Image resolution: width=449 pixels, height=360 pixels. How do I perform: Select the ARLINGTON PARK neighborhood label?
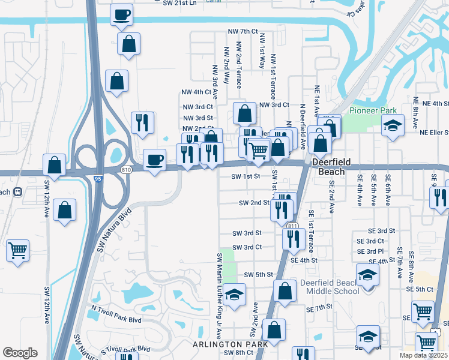[230, 344]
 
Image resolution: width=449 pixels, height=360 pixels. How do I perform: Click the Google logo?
[20, 352]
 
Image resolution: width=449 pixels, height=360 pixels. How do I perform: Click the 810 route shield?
[126, 170]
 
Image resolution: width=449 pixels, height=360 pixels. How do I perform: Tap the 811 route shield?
[292, 226]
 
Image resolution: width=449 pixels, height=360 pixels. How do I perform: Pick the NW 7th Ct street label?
[243, 31]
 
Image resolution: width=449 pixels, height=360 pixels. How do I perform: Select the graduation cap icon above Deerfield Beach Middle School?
[368, 275]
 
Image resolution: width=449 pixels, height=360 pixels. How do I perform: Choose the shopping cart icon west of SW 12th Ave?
[17, 250]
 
